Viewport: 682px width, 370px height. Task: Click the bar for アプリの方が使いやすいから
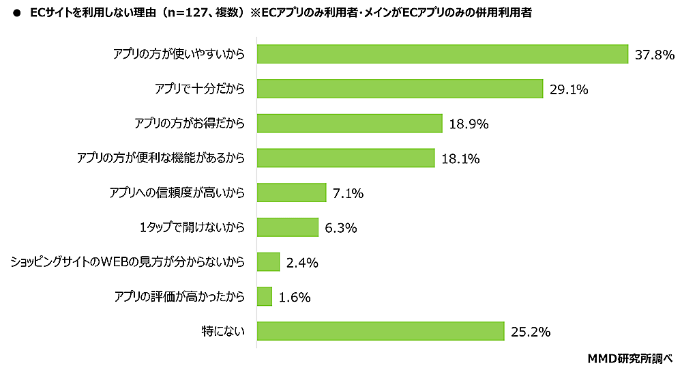click(x=442, y=54)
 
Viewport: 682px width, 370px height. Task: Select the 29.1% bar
click(x=400, y=89)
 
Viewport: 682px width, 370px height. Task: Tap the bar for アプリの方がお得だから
click(x=350, y=124)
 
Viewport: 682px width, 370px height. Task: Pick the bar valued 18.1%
click(x=346, y=158)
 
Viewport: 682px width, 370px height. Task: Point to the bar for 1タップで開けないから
click(x=288, y=227)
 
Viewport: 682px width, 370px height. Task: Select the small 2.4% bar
click(x=269, y=262)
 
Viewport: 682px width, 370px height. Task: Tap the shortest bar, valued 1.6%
click(x=265, y=297)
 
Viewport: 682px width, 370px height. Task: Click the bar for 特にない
click(x=381, y=331)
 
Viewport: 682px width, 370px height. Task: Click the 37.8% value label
click(x=654, y=55)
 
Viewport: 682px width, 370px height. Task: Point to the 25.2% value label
click(x=530, y=332)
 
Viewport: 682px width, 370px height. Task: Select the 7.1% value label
click(x=348, y=194)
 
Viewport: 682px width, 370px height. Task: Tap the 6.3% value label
click(x=341, y=228)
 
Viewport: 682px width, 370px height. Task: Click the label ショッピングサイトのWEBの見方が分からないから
click(x=128, y=262)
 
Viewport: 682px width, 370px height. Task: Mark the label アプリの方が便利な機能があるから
click(x=161, y=158)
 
